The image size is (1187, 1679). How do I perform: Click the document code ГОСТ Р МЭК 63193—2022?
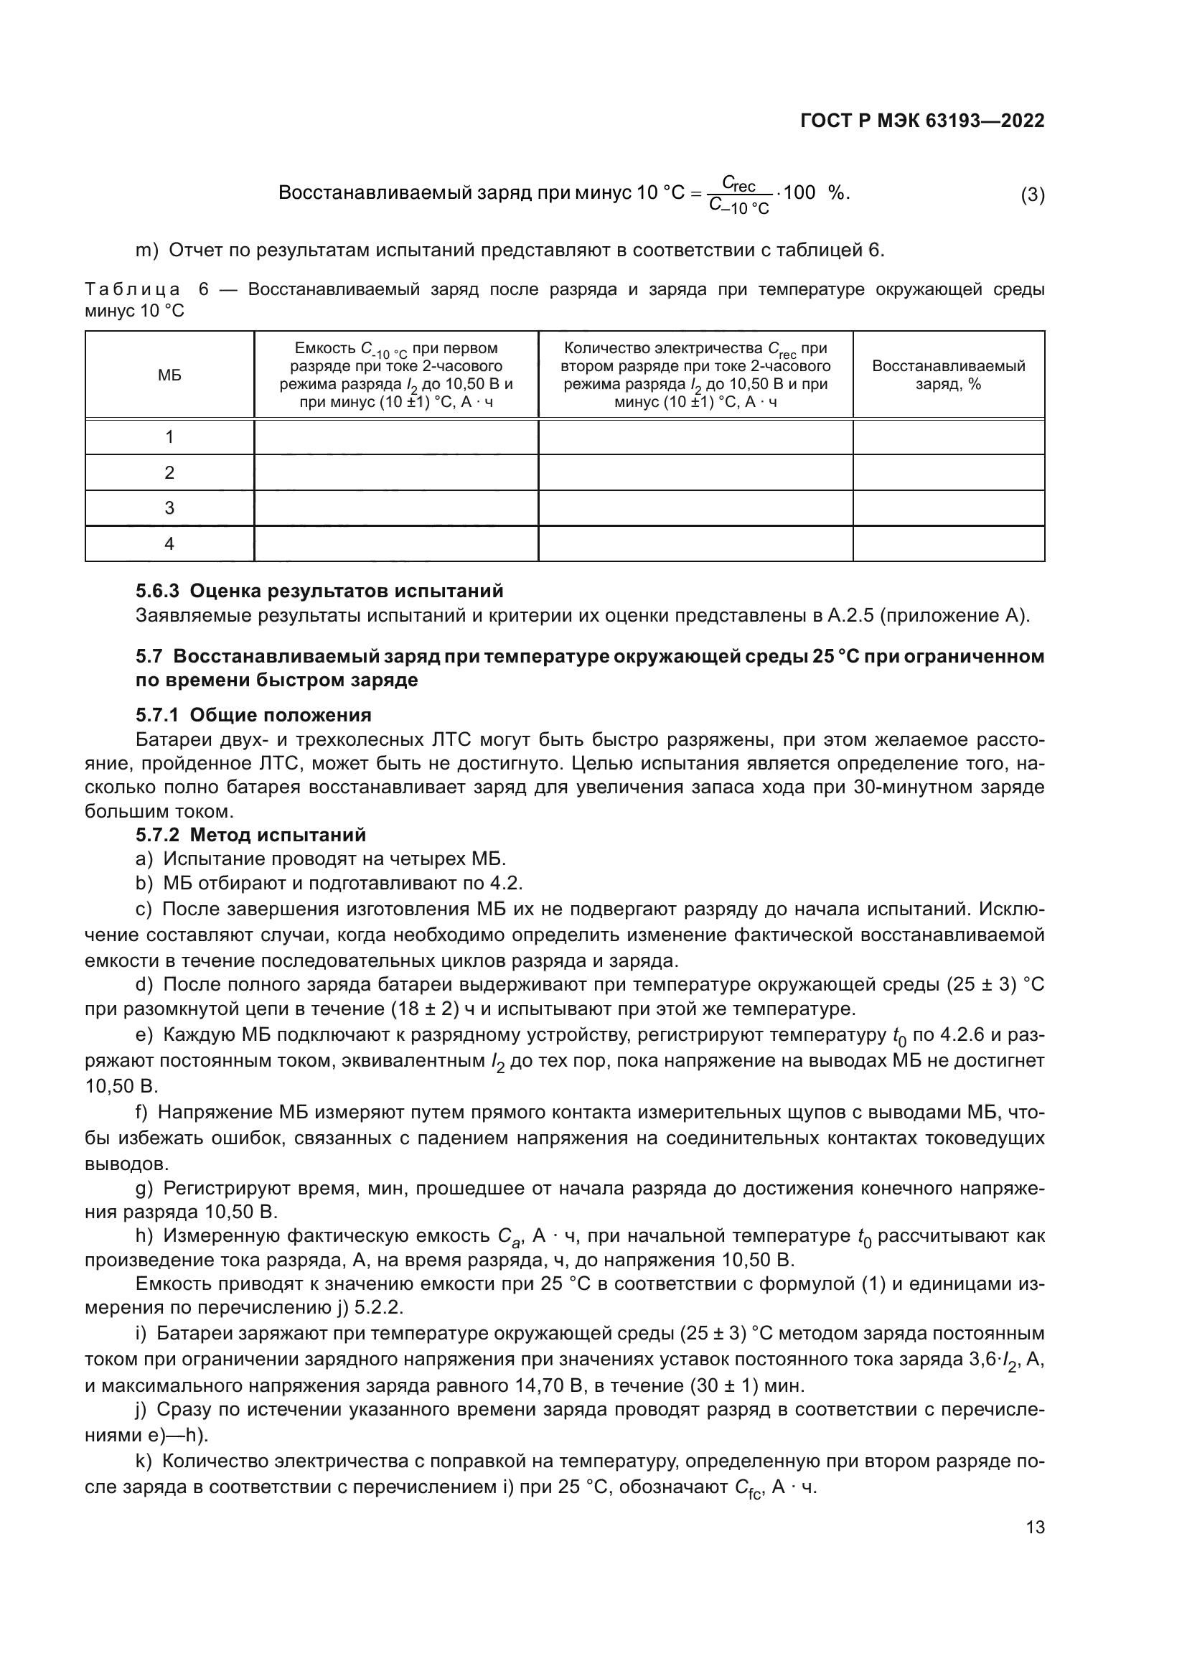click(922, 121)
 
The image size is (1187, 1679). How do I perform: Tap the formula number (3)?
click(1032, 195)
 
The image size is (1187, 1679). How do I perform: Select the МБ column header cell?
click(169, 375)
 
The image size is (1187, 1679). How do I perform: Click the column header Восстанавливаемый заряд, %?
click(948, 375)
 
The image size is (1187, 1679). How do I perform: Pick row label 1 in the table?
click(169, 437)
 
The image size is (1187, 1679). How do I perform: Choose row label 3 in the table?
click(169, 508)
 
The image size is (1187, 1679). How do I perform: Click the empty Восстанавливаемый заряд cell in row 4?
click(948, 544)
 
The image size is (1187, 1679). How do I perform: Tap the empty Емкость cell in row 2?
click(395, 472)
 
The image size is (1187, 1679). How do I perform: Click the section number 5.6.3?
click(157, 591)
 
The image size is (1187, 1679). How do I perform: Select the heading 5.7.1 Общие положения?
click(253, 715)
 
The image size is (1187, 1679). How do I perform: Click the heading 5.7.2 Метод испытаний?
click(250, 835)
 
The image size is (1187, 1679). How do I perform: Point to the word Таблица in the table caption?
click(133, 289)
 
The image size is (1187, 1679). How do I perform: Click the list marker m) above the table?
click(147, 251)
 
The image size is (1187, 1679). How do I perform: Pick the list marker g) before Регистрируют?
click(144, 1188)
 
